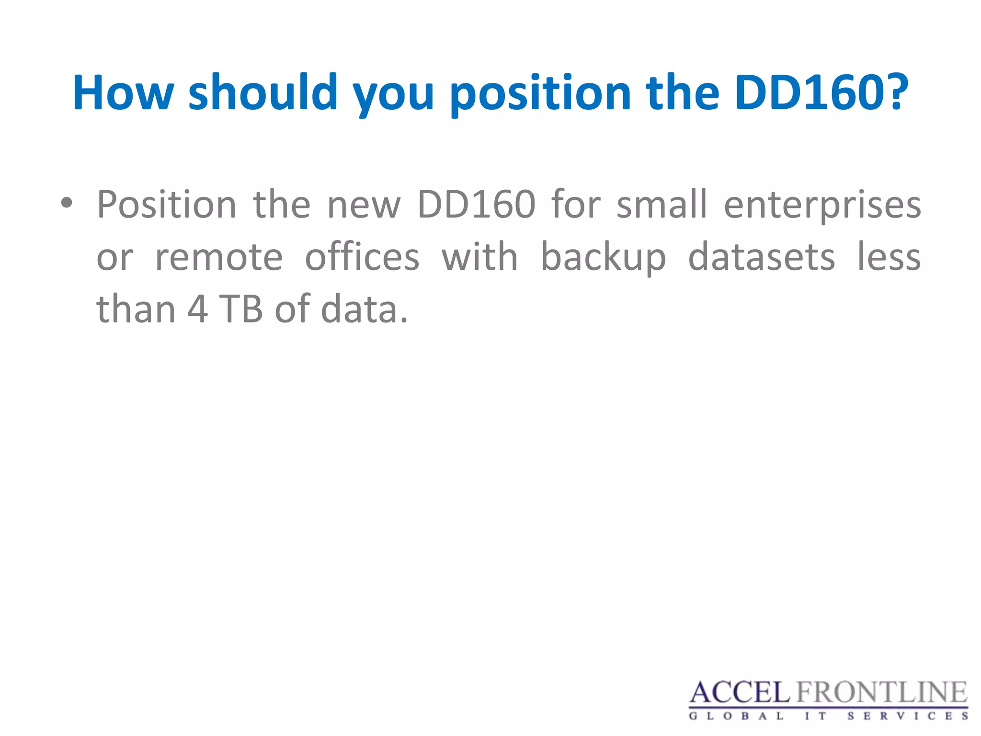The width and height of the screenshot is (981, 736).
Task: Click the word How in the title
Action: tap(123, 92)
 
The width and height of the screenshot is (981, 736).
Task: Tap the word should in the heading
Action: tap(263, 92)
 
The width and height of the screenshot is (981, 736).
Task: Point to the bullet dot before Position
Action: tap(67, 203)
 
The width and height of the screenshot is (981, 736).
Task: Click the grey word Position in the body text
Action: tap(167, 205)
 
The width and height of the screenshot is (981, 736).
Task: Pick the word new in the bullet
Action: tap(364, 205)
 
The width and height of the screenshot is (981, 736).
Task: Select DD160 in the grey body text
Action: tap(476, 204)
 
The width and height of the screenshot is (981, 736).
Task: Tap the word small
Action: tap(662, 204)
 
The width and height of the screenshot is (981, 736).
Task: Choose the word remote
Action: tap(219, 257)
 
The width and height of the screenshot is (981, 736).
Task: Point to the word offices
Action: tap(362, 256)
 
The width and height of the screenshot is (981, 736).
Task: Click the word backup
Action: tap(603, 257)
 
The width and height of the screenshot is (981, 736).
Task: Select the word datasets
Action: tap(762, 257)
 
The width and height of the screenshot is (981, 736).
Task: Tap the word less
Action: tap(889, 257)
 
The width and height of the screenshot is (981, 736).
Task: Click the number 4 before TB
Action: tap(197, 309)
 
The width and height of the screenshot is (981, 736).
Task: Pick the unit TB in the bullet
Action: tap(241, 309)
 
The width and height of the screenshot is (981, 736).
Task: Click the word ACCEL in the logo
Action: tap(740, 693)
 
